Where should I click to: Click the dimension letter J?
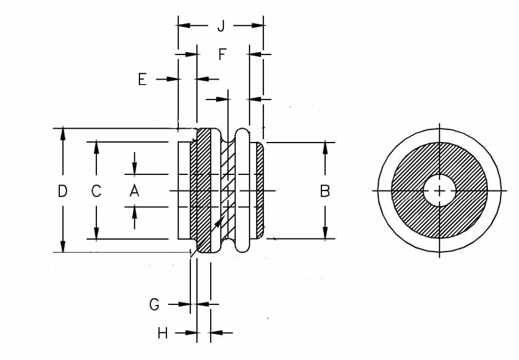[x=220, y=26]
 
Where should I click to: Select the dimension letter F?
[x=222, y=55]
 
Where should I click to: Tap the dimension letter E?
[x=142, y=79]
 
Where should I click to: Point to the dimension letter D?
[x=62, y=191]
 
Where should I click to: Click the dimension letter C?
[x=96, y=191]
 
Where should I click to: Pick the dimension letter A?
[x=134, y=191]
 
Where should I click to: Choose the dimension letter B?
[x=325, y=191]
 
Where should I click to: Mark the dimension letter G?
[x=154, y=304]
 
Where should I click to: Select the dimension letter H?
[x=162, y=333]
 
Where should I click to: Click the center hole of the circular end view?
[x=439, y=191]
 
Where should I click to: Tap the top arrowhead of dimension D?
[x=62, y=133]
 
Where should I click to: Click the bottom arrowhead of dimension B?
[x=325, y=234]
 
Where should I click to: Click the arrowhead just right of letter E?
[x=174, y=79]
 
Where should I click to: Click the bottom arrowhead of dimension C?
[x=96, y=234]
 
